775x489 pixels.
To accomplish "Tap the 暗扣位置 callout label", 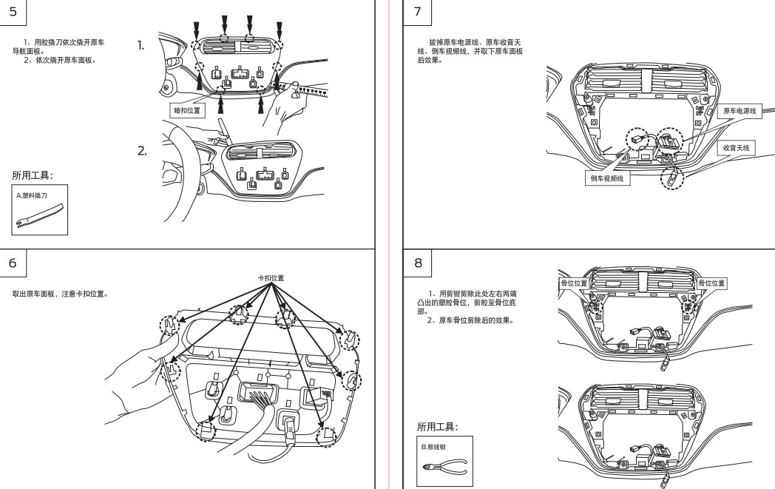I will tap(187, 111).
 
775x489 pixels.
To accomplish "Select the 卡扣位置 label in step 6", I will tap(271, 278).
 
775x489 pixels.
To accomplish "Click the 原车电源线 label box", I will tap(740, 111).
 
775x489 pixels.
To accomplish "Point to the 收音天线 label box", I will tap(736, 149).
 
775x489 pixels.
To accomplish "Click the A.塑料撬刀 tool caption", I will tap(33, 195).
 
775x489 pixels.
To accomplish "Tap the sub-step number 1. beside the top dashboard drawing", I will tap(141, 46).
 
